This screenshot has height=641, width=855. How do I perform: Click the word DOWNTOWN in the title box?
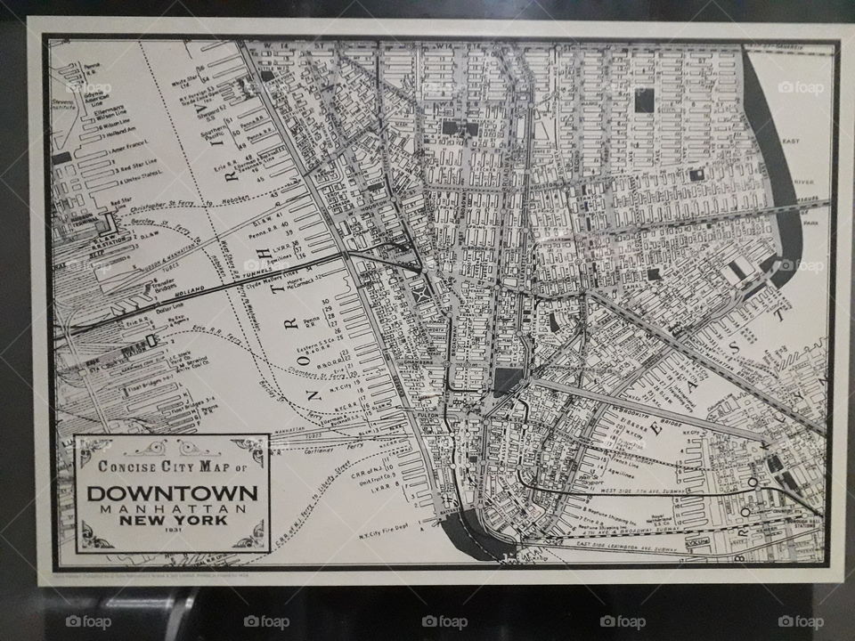(x=172, y=492)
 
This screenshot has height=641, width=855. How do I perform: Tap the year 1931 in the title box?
(x=172, y=531)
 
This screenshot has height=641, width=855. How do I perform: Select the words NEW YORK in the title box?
(x=172, y=519)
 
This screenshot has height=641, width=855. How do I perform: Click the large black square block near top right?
(x=644, y=100)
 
